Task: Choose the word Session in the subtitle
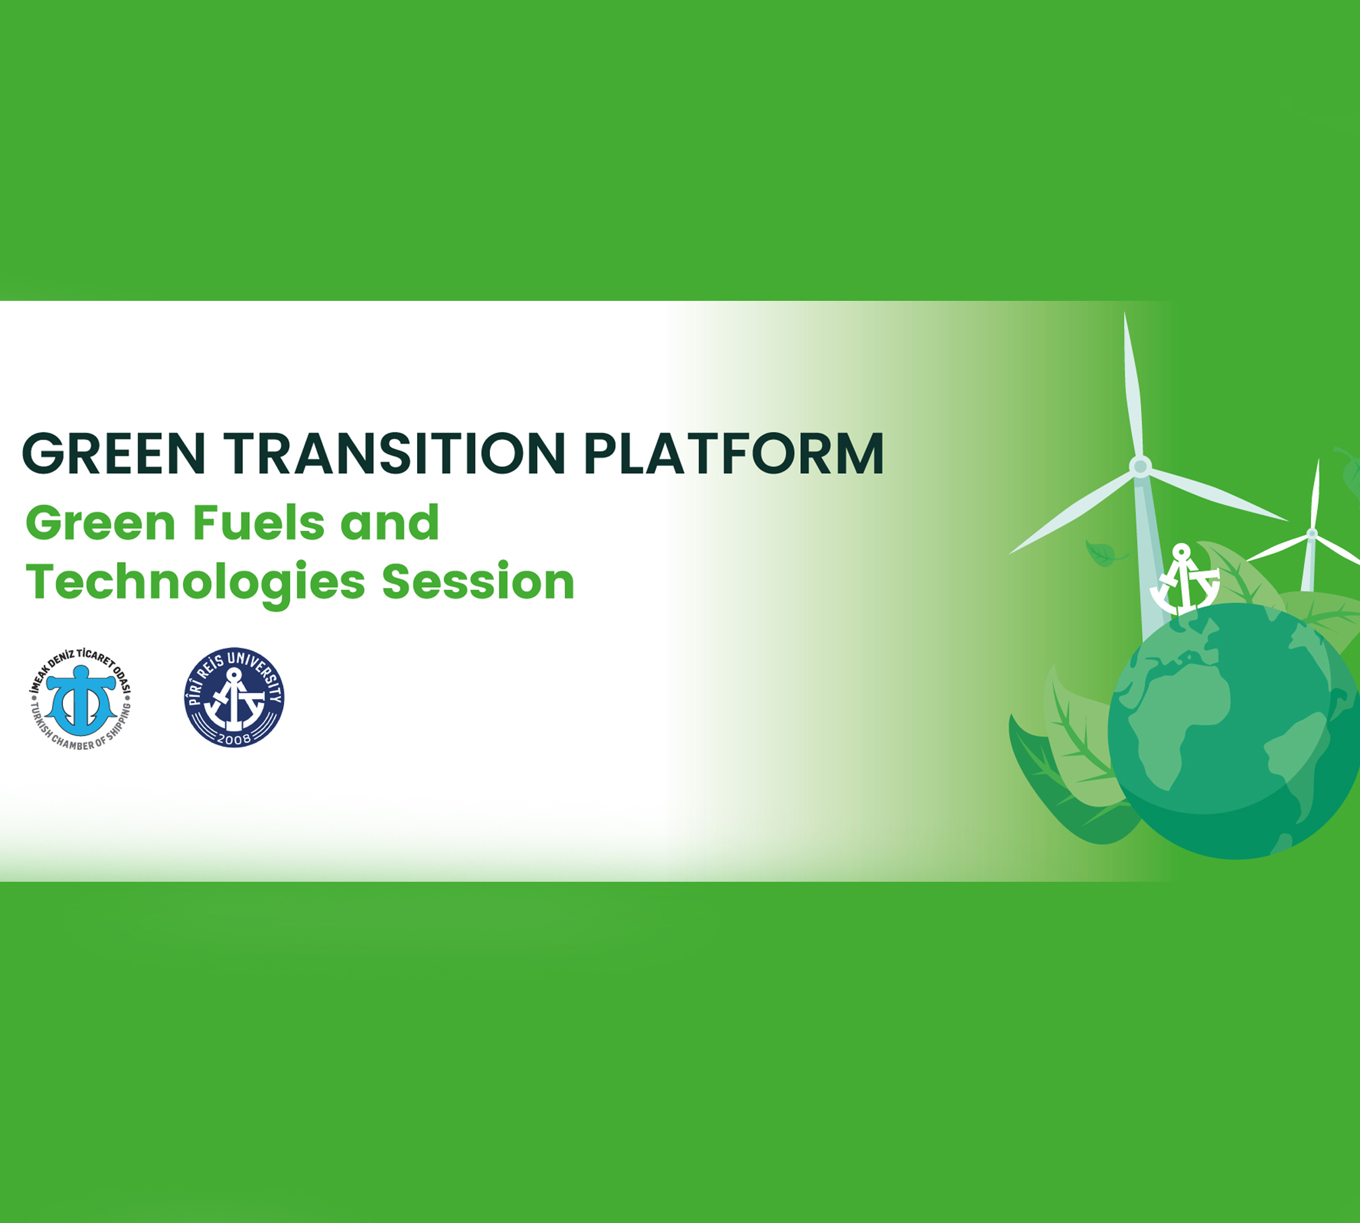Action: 478,582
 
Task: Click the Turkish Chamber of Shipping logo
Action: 81,698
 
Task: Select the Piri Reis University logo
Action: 234,698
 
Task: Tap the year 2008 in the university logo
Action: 234,739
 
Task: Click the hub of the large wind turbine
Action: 1140,467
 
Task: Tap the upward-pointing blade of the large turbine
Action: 1132,386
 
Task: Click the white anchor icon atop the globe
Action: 1184,579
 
